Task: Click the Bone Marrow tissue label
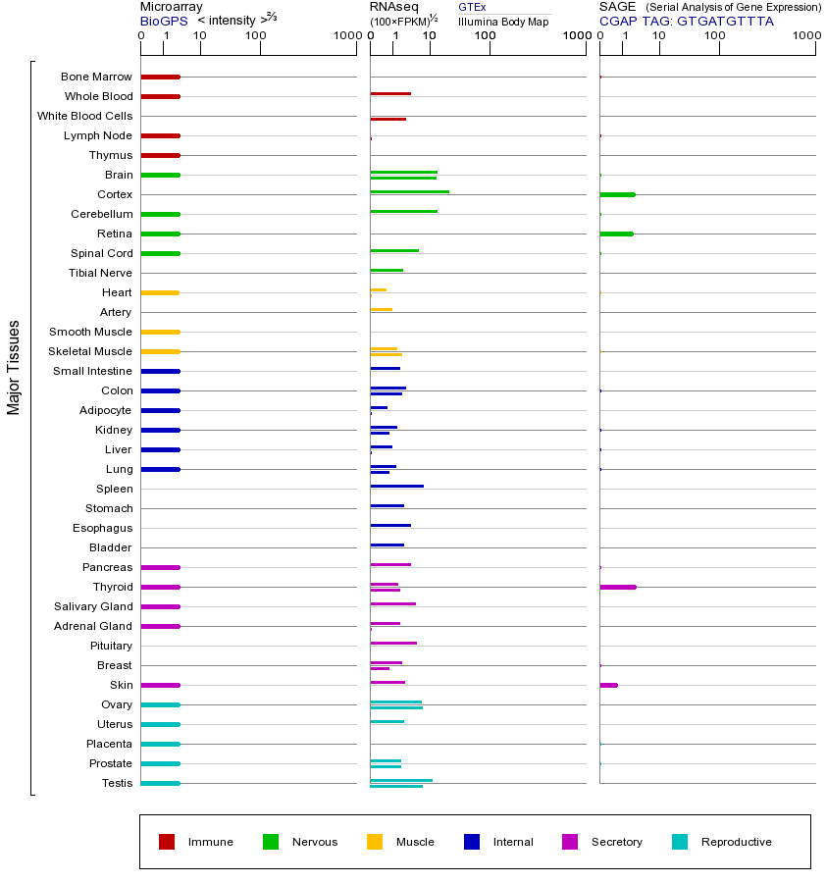point(96,77)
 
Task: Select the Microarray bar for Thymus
point(160,155)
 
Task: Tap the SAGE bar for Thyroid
point(617,587)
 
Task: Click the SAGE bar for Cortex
point(617,194)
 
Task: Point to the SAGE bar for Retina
point(616,234)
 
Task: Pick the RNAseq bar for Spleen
point(396,486)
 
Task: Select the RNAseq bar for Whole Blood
point(390,93)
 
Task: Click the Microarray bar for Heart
point(160,292)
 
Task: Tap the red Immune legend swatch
point(167,842)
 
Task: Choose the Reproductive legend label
point(736,842)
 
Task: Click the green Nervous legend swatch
point(271,842)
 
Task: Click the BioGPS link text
point(162,21)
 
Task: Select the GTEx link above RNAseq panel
point(472,7)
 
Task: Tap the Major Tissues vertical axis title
point(14,367)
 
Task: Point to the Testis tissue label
point(117,783)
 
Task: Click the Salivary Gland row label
point(93,606)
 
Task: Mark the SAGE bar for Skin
point(608,685)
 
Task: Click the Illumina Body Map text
point(503,21)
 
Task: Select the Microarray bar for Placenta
point(160,744)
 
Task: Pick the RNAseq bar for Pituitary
point(393,643)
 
